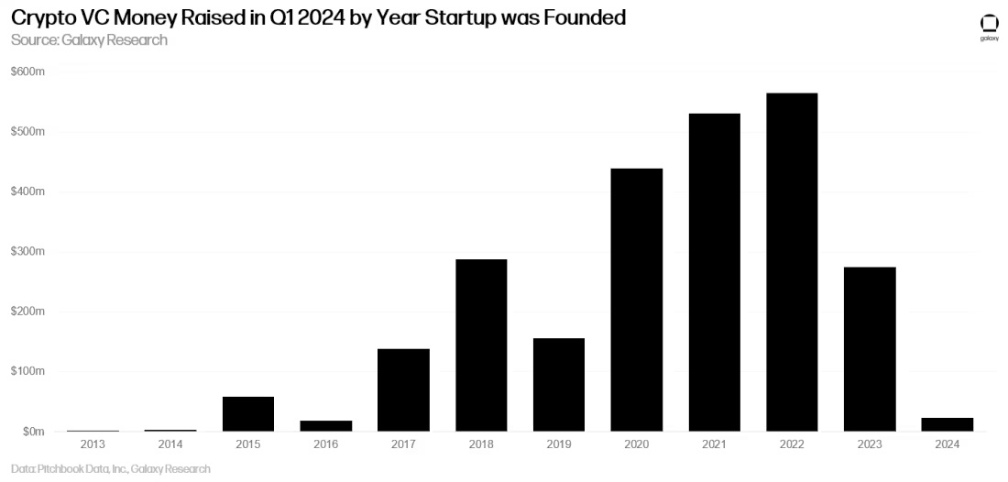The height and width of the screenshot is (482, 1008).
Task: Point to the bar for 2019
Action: coord(559,385)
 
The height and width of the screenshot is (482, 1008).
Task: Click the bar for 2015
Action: coord(248,413)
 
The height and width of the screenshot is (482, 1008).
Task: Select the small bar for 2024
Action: coord(948,424)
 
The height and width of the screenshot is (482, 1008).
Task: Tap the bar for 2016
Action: coord(325,426)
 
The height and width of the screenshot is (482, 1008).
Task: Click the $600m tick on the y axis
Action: coord(27,71)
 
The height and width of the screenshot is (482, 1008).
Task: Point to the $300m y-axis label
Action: coord(27,251)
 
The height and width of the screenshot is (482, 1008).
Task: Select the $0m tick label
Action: coord(31,431)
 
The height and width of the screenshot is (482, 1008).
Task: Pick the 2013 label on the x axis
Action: coord(93,444)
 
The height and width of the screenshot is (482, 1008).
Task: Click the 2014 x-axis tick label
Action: coord(170,444)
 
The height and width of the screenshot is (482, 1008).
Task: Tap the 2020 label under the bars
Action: coord(636,444)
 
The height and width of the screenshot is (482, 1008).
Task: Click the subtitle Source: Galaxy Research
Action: coord(89,40)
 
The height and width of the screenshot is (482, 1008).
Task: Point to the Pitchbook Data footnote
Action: coord(111,468)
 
